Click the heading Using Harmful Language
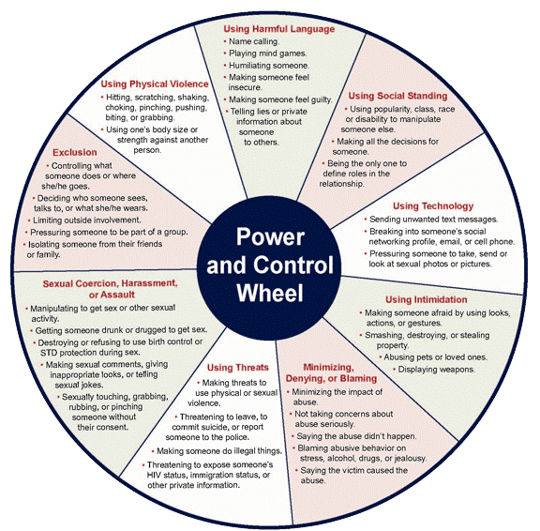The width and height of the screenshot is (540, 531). pyautogui.click(x=279, y=29)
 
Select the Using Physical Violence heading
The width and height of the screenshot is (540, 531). pyautogui.click(x=155, y=84)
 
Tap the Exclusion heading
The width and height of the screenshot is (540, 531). pyautogui.click(x=75, y=152)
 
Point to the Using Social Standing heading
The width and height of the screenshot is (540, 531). pyautogui.click(x=397, y=96)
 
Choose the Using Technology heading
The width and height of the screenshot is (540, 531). pyautogui.click(x=433, y=206)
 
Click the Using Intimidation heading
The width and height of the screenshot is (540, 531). pyautogui.click(x=427, y=299)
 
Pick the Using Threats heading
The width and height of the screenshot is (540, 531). pyautogui.click(x=237, y=368)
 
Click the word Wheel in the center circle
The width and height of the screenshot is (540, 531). pyautogui.click(x=270, y=294)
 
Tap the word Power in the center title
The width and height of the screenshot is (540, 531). pyautogui.click(x=270, y=237)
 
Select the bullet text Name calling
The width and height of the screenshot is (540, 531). pyautogui.click(x=254, y=41)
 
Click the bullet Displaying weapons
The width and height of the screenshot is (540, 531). pyautogui.click(x=437, y=370)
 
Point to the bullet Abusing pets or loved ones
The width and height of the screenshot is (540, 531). pyautogui.click(x=436, y=357)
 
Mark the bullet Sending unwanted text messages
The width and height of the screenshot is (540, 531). pyautogui.click(x=433, y=220)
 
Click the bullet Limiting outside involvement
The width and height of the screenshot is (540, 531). pyautogui.click(x=87, y=220)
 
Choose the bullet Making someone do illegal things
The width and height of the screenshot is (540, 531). pyautogui.click(x=219, y=451)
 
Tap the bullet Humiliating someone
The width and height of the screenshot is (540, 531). pyautogui.click(x=269, y=66)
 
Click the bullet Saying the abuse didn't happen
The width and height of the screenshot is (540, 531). pyautogui.click(x=356, y=436)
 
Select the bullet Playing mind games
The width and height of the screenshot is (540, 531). pyautogui.click(x=267, y=53)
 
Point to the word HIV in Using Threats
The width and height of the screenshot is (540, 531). pyautogui.click(x=154, y=475)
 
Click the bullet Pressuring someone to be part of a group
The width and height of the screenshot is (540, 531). pyautogui.click(x=109, y=233)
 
